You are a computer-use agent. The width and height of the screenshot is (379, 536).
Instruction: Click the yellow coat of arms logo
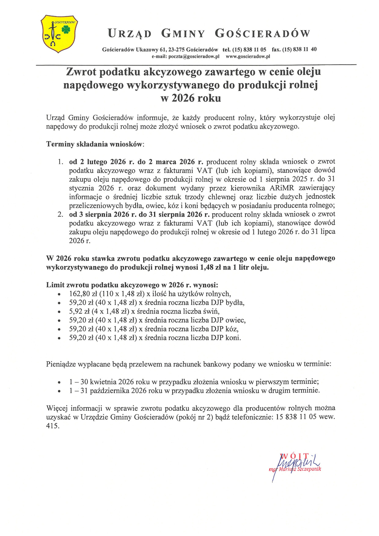click(59, 34)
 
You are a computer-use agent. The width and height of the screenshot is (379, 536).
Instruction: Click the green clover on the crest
click(66, 29)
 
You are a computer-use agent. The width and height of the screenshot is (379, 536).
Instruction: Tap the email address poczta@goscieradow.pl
click(185, 56)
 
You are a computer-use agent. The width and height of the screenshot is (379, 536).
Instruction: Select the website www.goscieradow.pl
click(248, 56)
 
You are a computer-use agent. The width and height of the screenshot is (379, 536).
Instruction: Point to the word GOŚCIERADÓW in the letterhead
click(262, 33)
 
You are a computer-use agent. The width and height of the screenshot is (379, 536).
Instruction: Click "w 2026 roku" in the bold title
click(191, 98)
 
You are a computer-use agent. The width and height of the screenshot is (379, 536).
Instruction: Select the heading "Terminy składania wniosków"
click(94, 144)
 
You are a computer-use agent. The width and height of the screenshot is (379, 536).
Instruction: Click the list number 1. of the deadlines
click(61, 162)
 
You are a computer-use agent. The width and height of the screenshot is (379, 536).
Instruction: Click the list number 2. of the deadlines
click(61, 214)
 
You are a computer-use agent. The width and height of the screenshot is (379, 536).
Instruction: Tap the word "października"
click(109, 391)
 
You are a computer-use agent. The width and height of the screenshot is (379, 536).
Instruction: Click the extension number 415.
click(53, 426)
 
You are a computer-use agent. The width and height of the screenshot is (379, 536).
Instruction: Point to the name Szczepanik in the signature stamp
click(309, 469)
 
